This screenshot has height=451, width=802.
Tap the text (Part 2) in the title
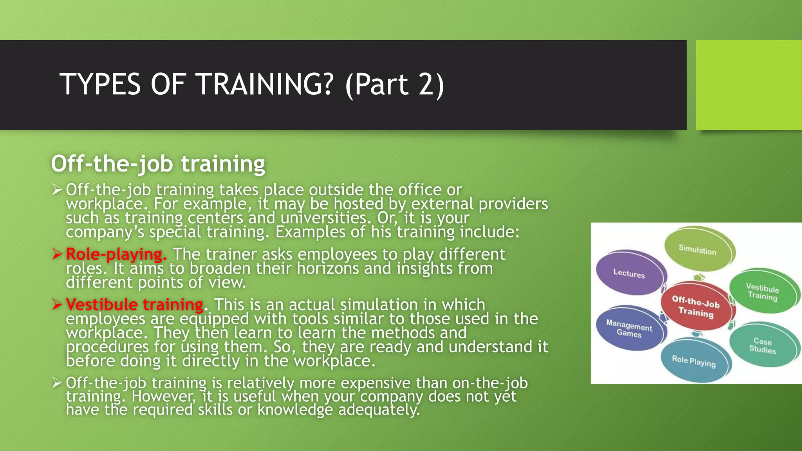(395, 84)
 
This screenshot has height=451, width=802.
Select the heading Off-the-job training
(158, 164)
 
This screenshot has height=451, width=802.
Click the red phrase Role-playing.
(116, 254)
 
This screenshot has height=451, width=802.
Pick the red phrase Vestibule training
(134, 305)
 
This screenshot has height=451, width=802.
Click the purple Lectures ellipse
(629, 273)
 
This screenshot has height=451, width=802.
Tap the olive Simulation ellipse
(697, 249)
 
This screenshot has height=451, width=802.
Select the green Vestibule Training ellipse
(762, 292)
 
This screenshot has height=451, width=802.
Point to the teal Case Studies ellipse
(762, 345)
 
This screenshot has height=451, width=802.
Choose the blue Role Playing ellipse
(694, 361)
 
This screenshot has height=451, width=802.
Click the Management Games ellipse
(629, 328)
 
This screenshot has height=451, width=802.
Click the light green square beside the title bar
(748, 85)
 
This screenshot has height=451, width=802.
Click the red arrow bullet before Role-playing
(57, 254)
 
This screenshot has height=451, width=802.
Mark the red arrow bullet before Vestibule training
(57, 305)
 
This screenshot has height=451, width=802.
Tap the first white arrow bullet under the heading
(57, 190)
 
